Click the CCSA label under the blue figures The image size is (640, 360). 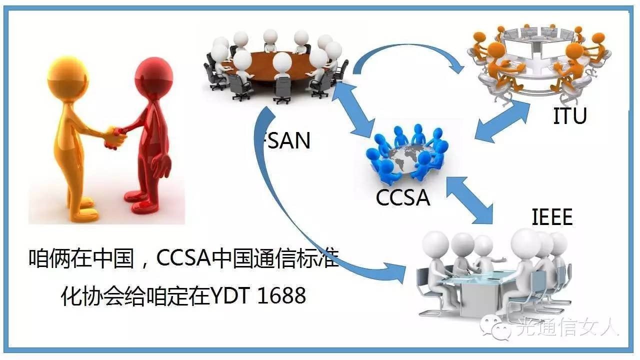click(403, 197)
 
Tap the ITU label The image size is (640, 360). click(569, 116)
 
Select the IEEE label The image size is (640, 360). click(551, 218)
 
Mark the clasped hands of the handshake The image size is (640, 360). click(114, 136)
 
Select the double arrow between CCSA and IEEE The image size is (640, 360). click(470, 198)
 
